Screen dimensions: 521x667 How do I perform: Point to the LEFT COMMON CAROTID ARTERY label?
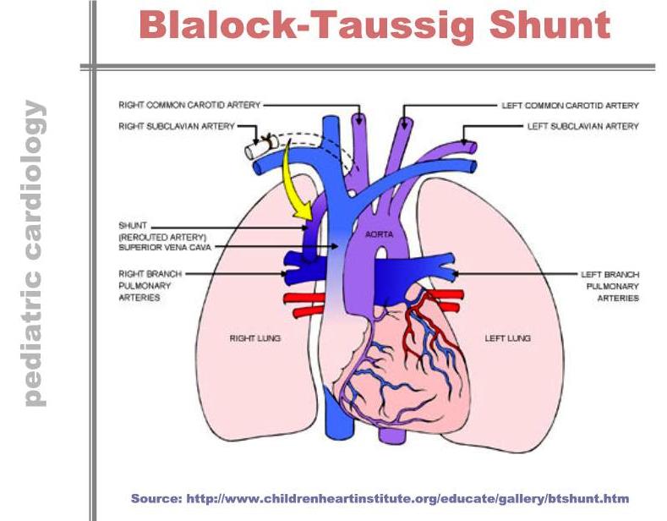571,106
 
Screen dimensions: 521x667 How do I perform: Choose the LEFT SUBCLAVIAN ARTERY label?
582,126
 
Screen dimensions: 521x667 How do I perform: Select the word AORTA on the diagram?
377,232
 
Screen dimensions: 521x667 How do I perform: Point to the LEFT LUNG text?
508,338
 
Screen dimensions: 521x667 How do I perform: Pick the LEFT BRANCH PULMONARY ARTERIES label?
610,286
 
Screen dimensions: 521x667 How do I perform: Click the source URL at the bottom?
380,498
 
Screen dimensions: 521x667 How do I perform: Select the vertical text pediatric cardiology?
36,254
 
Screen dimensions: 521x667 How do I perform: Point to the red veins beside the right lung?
306,305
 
